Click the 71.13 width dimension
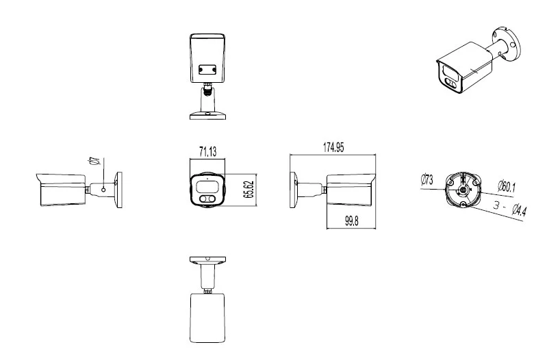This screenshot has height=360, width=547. pyautogui.click(x=208, y=152)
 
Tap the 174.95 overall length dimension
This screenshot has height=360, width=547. pyautogui.click(x=333, y=147)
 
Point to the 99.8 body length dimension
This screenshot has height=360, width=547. pyautogui.click(x=351, y=221)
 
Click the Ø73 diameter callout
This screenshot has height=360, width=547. pyautogui.click(x=427, y=179)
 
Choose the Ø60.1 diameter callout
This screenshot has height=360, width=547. pyautogui.click(x=507, y=186)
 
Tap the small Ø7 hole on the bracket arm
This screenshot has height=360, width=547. pyautogui.click(x=103, y=190)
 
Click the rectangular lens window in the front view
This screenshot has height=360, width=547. pyautogui.click(x=207, y=187)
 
